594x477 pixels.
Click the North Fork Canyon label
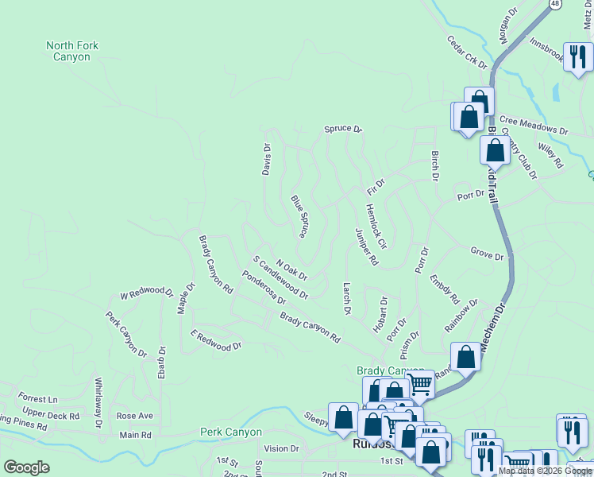[72, 51]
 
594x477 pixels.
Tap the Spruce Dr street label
[342, 129]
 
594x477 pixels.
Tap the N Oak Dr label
[291, 270]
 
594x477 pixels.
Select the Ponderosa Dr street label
[264, 289]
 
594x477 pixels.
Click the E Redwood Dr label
[216, 343]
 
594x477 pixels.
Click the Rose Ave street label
[135, 416]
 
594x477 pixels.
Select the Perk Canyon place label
[230, 432]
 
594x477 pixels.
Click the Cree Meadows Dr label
[534, 126]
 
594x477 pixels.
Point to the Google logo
[27, 467]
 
